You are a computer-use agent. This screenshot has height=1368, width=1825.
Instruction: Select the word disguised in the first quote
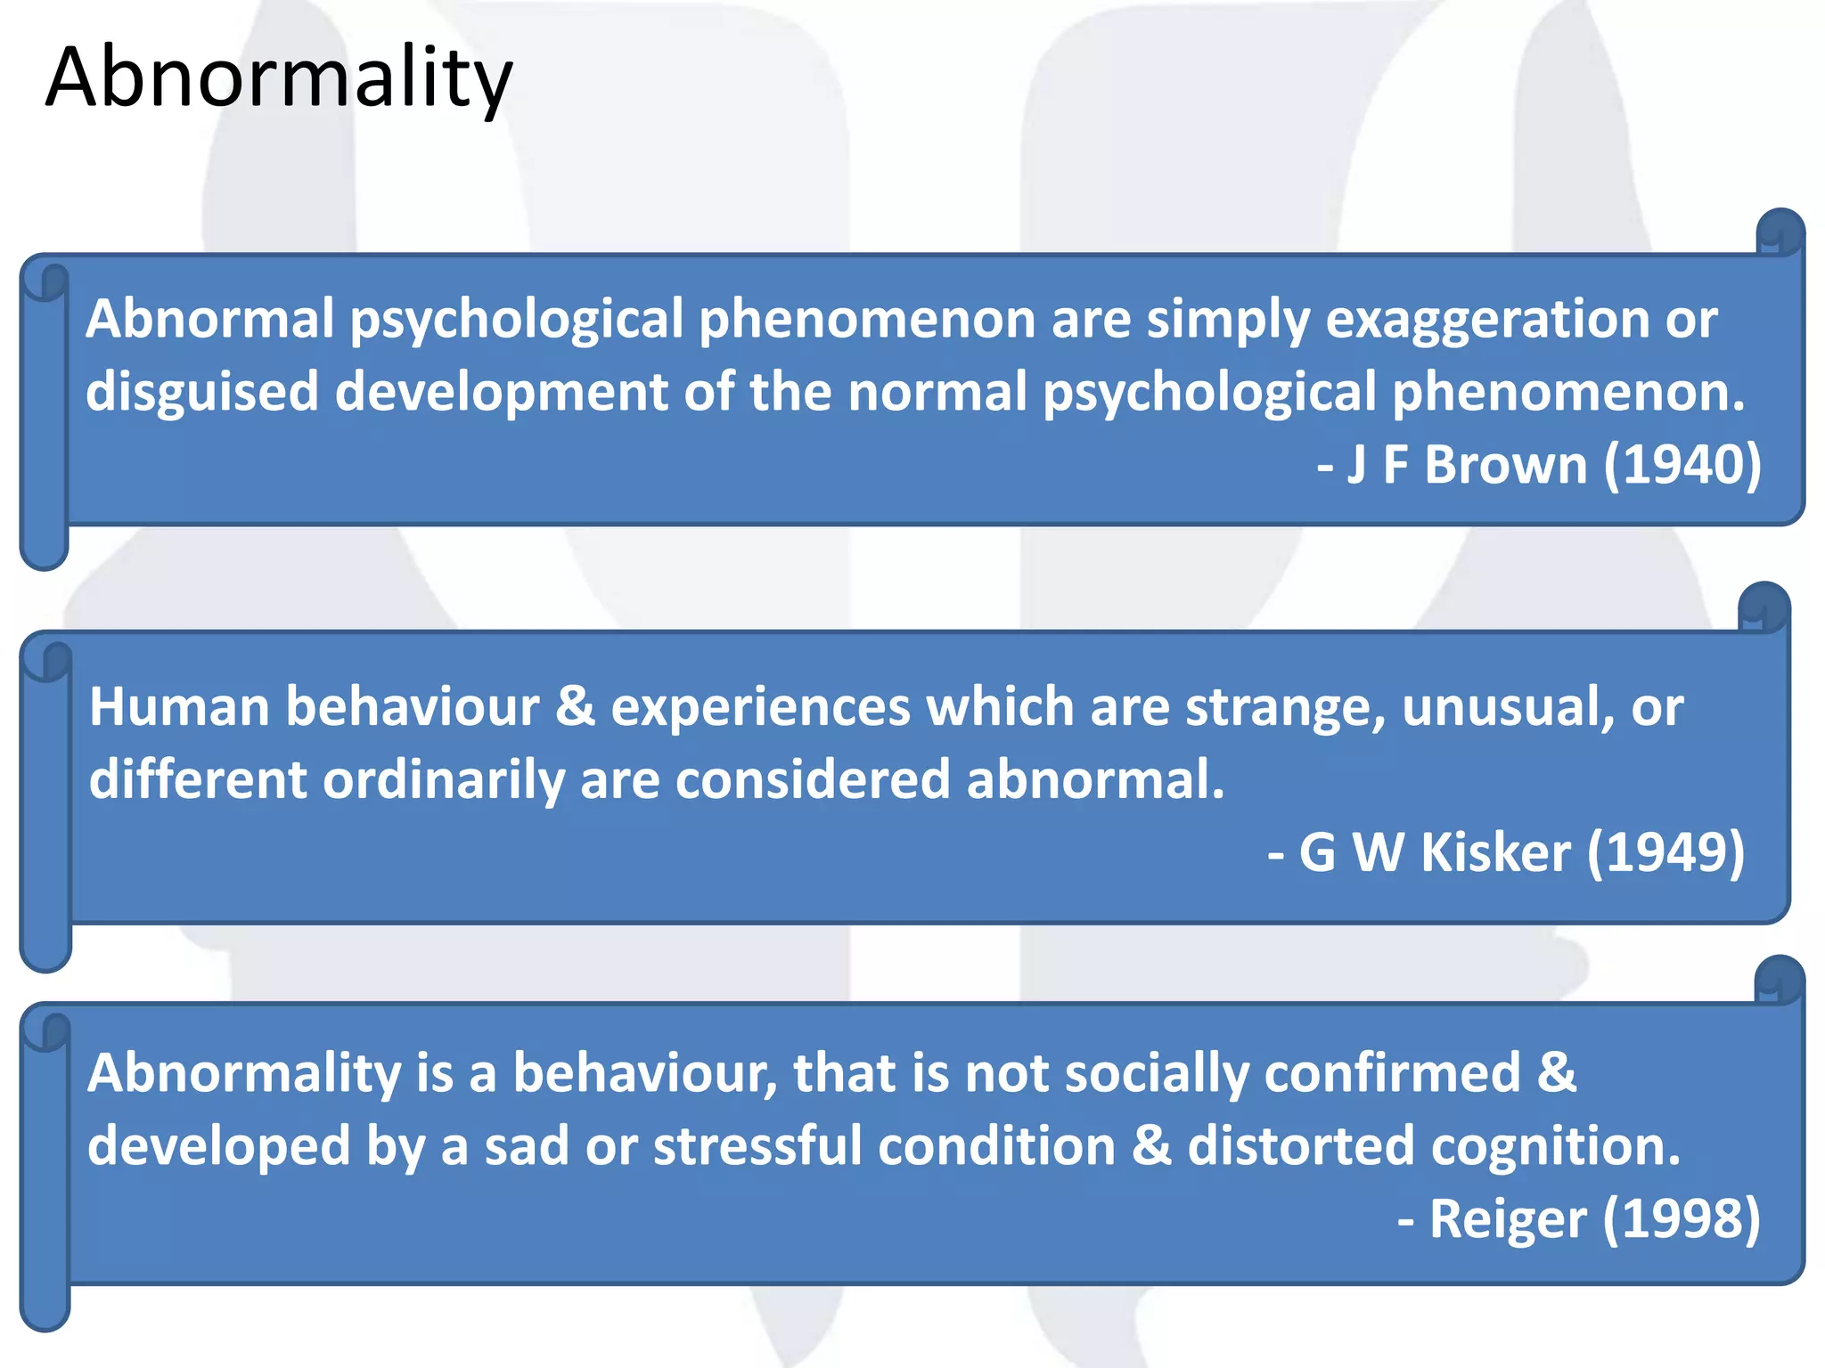[202, 392]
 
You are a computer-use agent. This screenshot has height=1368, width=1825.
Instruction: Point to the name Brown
[1505, 465]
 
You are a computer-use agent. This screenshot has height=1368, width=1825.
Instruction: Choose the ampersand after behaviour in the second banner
[575, 707]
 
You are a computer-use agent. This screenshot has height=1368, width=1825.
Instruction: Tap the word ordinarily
[443, 780]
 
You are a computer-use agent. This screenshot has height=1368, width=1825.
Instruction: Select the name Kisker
[1494, 853]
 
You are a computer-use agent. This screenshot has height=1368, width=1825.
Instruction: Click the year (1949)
[1665, 853]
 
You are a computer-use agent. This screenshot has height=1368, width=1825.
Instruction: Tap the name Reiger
[1507, 1219]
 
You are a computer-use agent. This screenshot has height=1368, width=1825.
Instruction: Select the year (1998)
[1682, 1219]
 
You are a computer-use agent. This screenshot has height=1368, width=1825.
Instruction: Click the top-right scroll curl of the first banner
[1780, 233]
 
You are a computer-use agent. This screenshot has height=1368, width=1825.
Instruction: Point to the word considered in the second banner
[813, 780]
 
